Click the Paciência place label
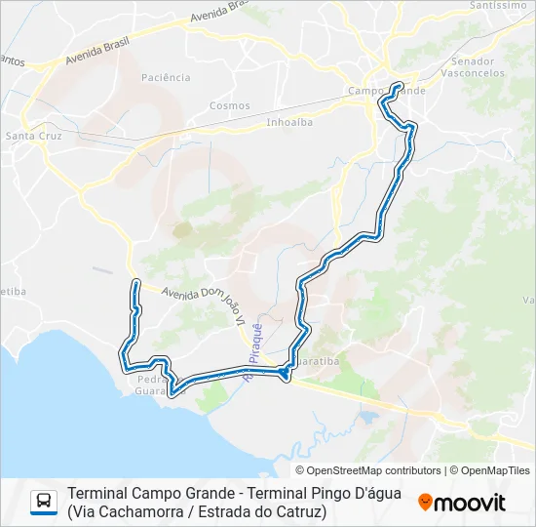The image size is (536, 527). (x=166, y=77)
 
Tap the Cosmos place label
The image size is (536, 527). (x=229, y=105)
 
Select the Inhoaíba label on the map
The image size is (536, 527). (x=289, y=123)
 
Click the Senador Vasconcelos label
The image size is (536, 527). (x=473, y=67)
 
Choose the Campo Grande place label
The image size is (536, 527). (x=387, y=92)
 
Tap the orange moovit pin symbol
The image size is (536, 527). (x=426, y=502)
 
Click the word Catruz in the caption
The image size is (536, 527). (x=297, y=510)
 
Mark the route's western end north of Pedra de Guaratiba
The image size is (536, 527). (x=135, y=283)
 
